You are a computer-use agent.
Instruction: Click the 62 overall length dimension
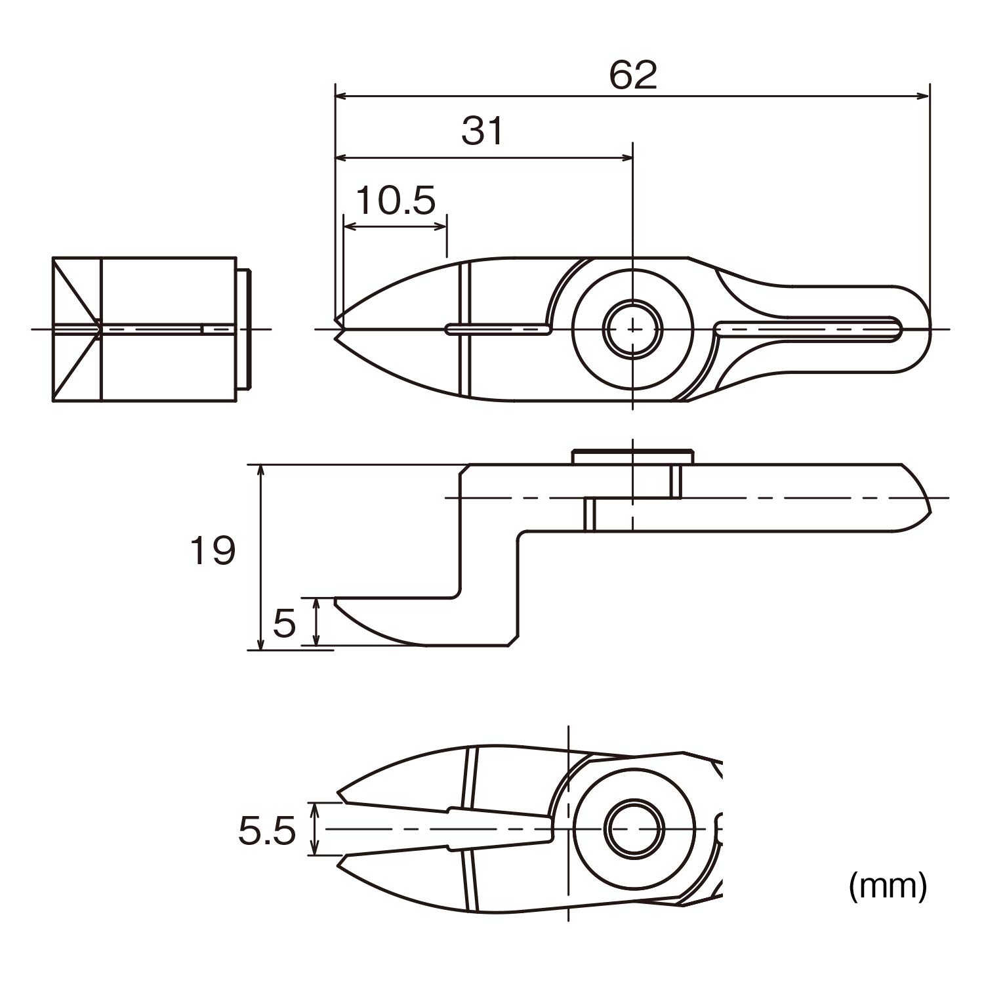[633, 75]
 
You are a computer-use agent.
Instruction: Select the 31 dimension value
[482, 131]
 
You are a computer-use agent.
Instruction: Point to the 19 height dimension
[212, 550]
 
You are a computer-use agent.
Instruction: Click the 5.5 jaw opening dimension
[267, 832]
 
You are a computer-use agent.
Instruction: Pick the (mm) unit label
[888, 887]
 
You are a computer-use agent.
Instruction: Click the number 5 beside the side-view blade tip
[284, 623]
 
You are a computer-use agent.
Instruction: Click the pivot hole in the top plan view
[632, 328]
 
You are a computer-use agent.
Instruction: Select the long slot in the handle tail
[808, 329]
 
